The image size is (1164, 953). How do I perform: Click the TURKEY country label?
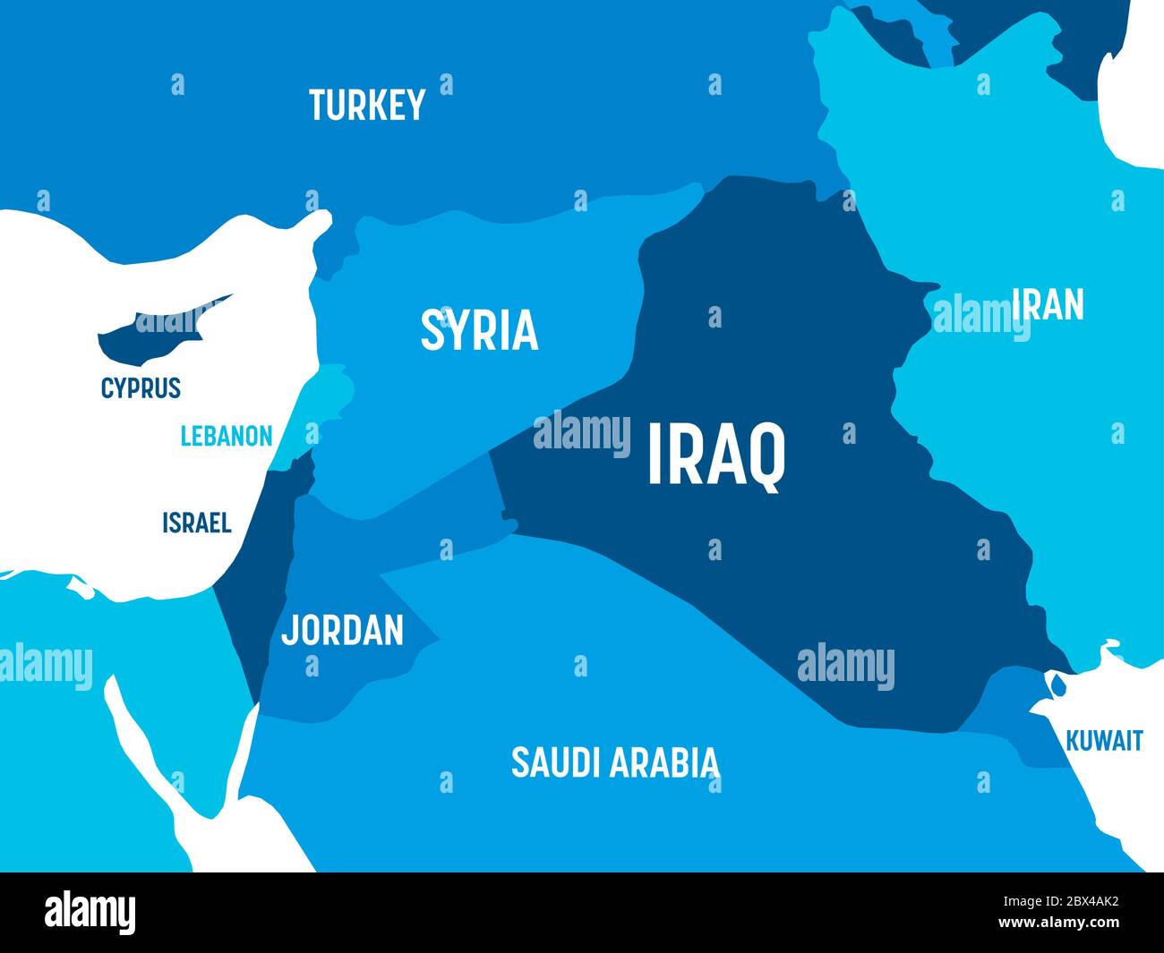pos(367,106)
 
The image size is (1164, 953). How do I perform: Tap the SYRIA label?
pos(479,329)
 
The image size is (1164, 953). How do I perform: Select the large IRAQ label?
pos(715,455)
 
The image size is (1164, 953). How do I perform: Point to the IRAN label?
pos(1048,305)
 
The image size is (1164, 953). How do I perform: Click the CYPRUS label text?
pos(141,388)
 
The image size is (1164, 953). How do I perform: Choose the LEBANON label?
pos(226,437)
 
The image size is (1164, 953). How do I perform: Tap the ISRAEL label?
pos(196,523)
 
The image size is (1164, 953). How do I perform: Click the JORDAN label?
pos(342,630)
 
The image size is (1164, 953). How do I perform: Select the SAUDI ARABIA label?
pos(614,762)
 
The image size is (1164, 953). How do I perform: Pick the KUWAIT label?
pos(1104,741)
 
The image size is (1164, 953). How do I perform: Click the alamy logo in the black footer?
pos(90,913)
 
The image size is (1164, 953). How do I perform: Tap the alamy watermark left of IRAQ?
pos(582,433)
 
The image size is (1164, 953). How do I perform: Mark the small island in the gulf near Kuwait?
pos(1059,685)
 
